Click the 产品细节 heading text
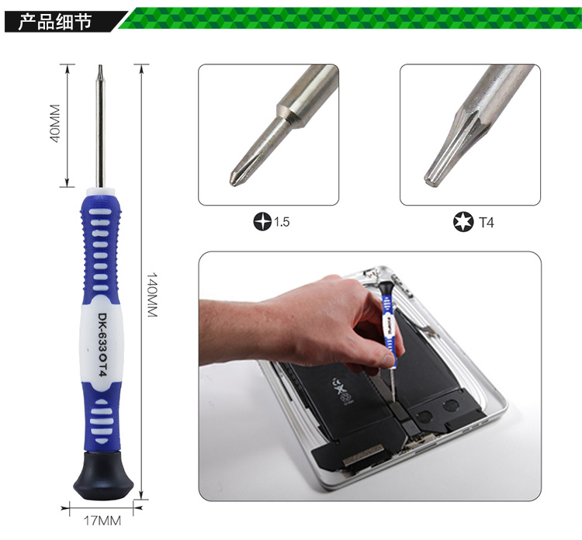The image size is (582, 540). tap(55, 21)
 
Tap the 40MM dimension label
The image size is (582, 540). tap(54, 123)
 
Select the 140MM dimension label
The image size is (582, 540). tap(153, 295)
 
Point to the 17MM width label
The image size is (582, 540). tap(102, 521)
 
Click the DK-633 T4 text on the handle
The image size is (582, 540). tap(102, 344)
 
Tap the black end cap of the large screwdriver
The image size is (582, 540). tap(103, 476)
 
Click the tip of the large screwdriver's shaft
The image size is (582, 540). tap(100, 65)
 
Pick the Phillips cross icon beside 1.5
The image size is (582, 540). tap(262, 222)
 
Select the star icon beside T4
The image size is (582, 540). tap(463, 222)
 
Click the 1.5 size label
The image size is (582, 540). tap(282, 222)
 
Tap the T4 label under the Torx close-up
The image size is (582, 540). tap(487, 223)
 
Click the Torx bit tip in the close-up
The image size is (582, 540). tap(430, 180)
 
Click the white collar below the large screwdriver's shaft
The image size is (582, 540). tap(100, 192)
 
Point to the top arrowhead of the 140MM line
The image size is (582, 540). tap(140, 68)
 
